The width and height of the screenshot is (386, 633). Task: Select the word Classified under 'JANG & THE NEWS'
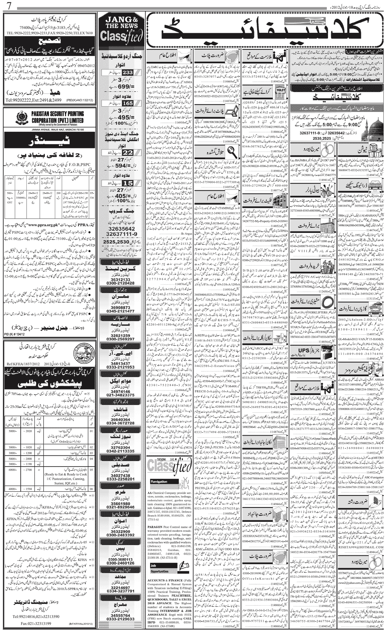click(x=121, y=36)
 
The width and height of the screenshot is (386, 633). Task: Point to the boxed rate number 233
click(x=127, y=72)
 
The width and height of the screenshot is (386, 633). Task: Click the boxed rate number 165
click(x=127, y=103)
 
